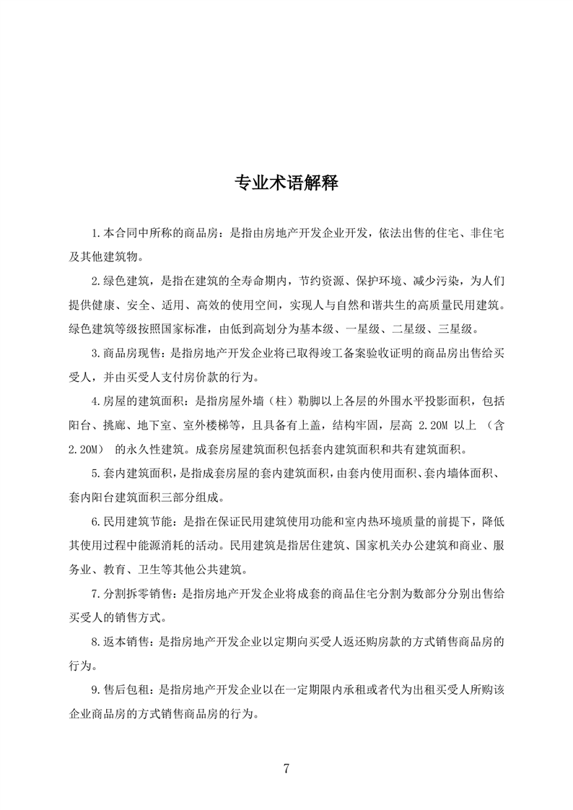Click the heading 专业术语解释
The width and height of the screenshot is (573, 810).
(286, 182)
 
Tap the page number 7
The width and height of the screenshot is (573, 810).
(286, 768)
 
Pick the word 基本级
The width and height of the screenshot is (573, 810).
(315, 329)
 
